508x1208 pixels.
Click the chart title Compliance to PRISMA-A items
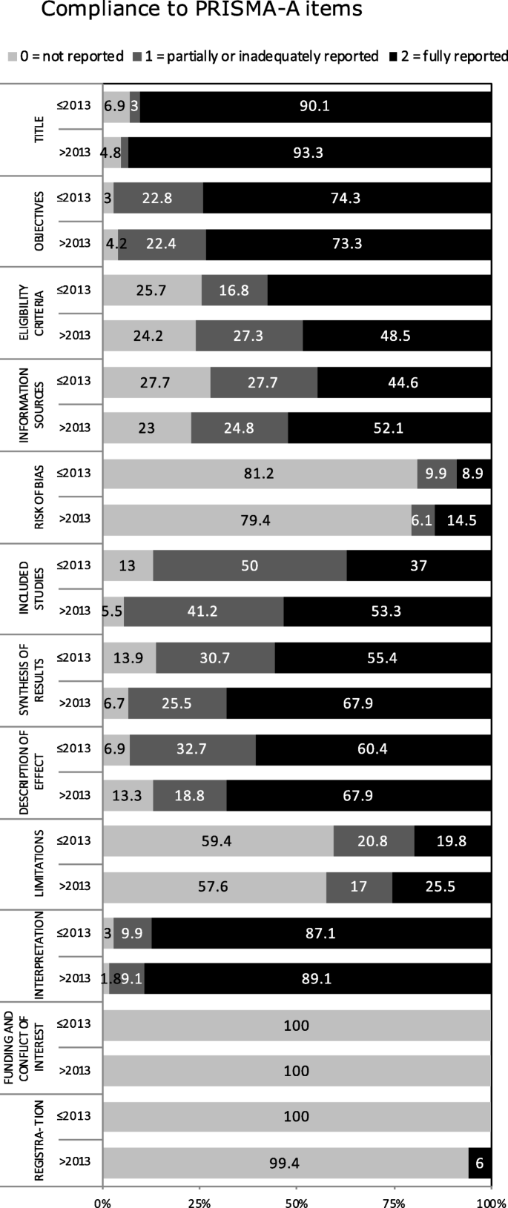tap(201, 10)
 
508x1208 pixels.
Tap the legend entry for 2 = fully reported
tap(448, 56)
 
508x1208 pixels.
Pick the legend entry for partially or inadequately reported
tap(256, 56)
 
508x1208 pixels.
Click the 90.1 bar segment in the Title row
tap(315, 106)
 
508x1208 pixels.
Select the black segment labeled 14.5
tap(462, 520)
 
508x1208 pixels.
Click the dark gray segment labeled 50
tap(250, 565)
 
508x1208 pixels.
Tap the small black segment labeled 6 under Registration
tap(480, 1163)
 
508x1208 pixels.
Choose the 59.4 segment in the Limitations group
tap(218, 840)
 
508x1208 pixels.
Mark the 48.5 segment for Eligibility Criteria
tap(397, 336)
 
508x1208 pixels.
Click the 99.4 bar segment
tap(286, 1163)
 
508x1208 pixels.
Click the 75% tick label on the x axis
tap(394, 1201)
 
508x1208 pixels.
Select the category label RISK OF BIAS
tap(39, 498)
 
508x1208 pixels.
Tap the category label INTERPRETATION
tap(39, 955)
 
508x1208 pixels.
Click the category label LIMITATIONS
tap(39, 863)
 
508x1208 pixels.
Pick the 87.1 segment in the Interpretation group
tap(321, 933)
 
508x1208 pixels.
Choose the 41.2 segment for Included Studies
tap(203, 611)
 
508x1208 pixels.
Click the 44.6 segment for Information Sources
tap(404, 382)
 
